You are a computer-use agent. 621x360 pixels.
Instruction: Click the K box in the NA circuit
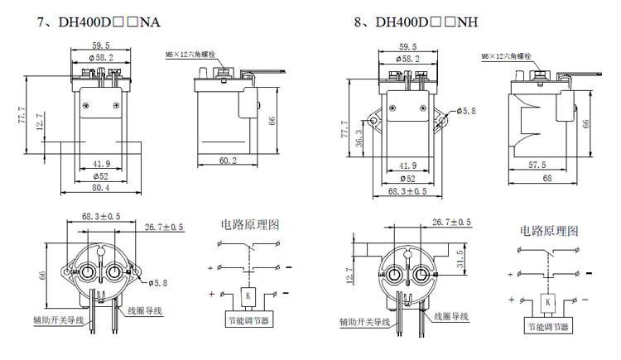pos(247,295)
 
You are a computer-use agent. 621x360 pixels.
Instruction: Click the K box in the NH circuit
pos(549,303)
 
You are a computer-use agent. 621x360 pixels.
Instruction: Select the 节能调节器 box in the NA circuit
pos(247,320)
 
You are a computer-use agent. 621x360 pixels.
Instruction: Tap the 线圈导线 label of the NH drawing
pos(448,316)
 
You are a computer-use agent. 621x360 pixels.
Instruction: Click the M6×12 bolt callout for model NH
pos(505,56)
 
